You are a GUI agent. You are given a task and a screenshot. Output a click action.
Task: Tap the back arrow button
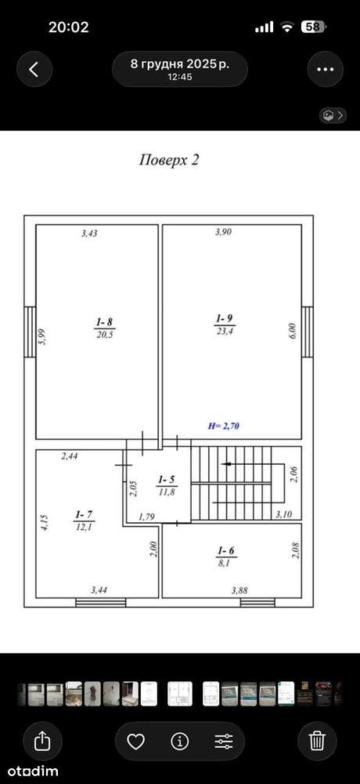[34, 70]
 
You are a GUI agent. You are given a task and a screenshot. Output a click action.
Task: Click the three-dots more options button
[326, 70]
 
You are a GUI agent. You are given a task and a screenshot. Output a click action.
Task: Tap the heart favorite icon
[136, 742]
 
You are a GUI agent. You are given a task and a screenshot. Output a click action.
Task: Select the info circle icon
[179, 742]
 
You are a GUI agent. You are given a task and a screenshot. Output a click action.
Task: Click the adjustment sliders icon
[224, 742]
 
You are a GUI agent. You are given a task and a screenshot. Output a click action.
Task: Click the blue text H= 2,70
[225, 426]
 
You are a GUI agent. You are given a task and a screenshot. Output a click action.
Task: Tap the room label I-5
[166, 478]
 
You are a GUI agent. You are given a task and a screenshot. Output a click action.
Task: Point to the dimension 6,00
[293, 332]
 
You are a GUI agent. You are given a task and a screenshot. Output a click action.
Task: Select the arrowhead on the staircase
[226, 464]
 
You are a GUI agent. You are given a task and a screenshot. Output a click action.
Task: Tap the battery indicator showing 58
[313, 27]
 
